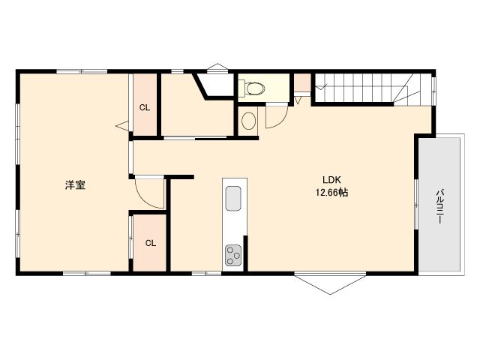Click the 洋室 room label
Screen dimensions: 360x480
(74, 185)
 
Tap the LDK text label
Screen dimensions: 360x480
(332, 180)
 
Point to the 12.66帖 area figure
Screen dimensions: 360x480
(332, 193)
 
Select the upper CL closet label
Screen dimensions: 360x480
(145, 107)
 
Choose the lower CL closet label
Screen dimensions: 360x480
(150, 242)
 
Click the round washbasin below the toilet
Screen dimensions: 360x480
(248, 121)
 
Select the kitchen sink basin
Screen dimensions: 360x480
(233, 200)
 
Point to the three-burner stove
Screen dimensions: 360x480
(233, 255)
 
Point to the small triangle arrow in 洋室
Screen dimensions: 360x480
(121, 127)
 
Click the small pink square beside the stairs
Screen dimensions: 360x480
(303, 82)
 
